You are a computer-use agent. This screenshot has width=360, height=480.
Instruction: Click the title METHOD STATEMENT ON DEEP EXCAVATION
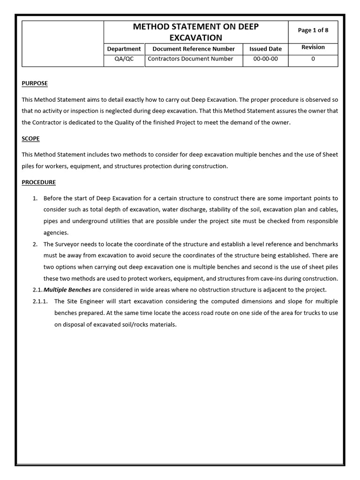point(195,32)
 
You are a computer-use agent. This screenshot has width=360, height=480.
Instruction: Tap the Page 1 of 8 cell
point(313,30)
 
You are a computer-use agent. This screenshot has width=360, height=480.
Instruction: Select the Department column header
point(124,49)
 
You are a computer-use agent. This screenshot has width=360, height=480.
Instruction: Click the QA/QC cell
point(124,59)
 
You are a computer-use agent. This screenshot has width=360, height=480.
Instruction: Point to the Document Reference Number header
point(194,49)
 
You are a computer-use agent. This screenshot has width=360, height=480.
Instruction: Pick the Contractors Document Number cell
point(190,59)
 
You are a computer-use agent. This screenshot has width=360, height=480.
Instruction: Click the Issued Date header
point(265,49)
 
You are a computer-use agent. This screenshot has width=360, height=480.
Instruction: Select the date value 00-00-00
point(265,59)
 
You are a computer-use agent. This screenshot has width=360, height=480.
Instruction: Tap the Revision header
point(313,47)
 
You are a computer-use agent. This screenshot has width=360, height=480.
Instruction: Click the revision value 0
point(313,59)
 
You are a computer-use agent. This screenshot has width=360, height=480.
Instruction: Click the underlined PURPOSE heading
point(35,83)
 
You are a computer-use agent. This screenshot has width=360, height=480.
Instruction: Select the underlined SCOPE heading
point(30,139)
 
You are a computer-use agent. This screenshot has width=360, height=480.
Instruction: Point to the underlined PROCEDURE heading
point(38,182)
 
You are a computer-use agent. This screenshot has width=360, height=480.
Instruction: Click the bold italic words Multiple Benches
point(67,290)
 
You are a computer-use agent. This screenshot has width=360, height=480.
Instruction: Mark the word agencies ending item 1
point(56,232)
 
